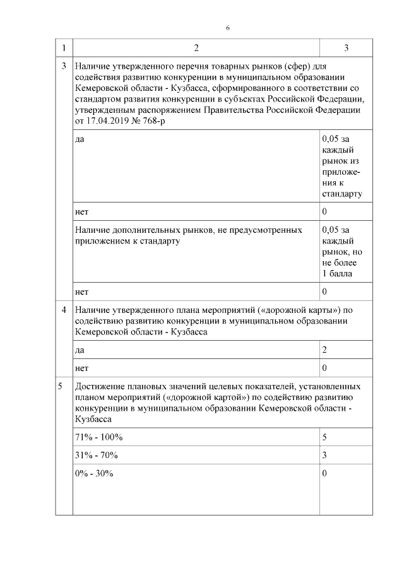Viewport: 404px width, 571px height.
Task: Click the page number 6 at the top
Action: (227, 28)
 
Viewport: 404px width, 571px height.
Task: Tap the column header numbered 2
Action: (196, 48)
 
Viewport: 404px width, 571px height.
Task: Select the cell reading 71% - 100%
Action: (98, 437)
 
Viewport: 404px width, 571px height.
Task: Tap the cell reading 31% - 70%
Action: (96, 455)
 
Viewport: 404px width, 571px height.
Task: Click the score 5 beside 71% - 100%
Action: (324, 437)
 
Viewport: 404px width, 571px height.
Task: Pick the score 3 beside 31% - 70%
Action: (324, 455)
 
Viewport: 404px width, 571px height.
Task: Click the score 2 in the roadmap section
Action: (324, 349)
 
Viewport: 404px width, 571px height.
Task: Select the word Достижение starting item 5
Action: (100, 386)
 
